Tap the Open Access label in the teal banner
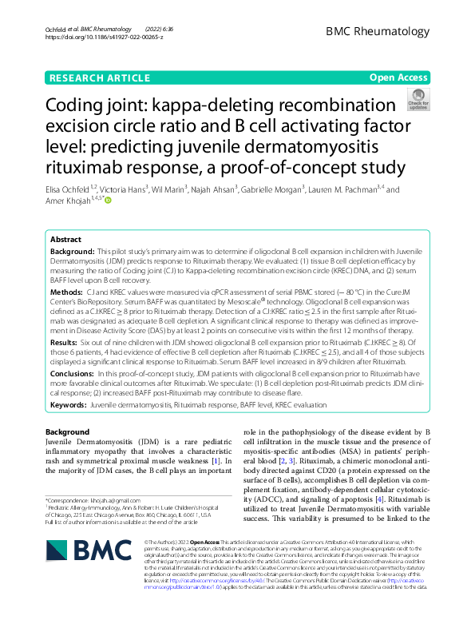(398, 78)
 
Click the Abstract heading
(65, 240)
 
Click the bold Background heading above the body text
(67, 432)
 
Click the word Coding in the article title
(79, 105)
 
